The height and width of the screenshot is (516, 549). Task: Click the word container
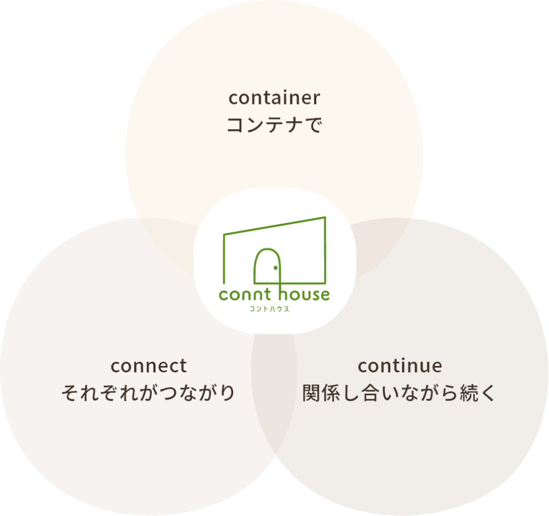click(x=274, y=98)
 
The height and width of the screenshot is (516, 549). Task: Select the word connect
click(x=149, y=366)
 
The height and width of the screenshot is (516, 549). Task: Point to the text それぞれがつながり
click(x=149, y=394)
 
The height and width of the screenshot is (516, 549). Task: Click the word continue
click(x=400, y=366)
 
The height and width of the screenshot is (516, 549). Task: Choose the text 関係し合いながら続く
click(x=400, y=394)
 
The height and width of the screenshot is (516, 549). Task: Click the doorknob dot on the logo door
click(x=276, y=267)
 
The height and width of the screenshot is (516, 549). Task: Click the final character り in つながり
click(x=227, y=394)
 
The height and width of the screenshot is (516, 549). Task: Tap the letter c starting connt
click(x=223, y=295)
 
